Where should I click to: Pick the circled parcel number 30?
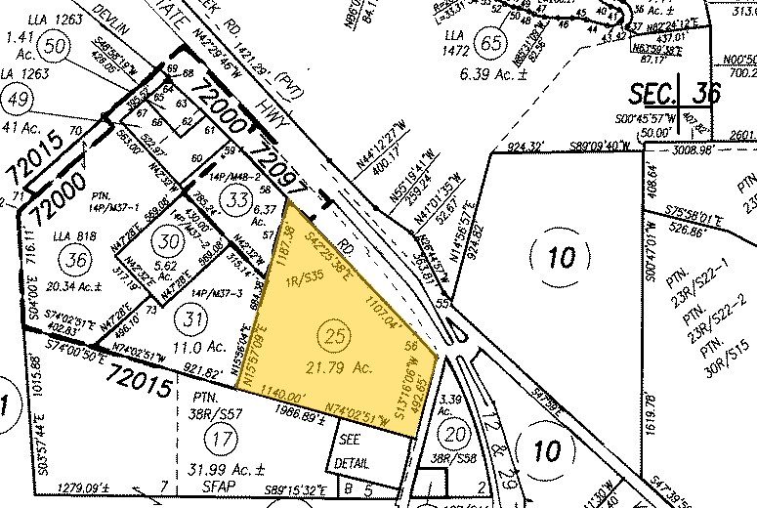pos(171,240)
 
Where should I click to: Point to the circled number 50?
pos(55,46)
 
